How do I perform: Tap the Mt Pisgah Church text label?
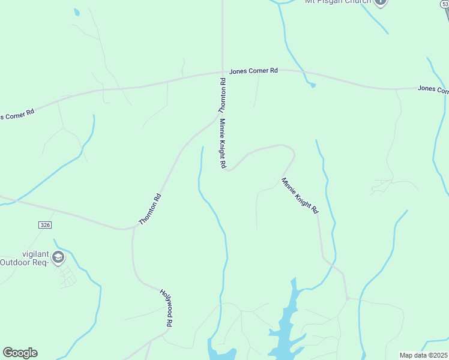coord(338,2)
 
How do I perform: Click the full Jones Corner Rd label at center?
coord(253,71)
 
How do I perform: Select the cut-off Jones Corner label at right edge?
coord(433,89)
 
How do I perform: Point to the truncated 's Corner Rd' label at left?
coord(17,114)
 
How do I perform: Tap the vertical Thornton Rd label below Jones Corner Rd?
coord(222,96)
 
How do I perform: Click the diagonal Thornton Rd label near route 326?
coord(150,209)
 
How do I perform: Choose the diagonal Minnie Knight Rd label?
coord(300,196)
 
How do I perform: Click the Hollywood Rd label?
coord(166,308)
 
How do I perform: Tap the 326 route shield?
coord(45,224)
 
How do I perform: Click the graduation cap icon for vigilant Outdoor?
coord(58,258)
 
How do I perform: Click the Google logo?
coord(20,353)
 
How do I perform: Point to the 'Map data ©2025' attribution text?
coord(423,355)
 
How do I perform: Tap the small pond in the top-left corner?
coord(76,12)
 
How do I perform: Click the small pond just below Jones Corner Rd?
coord(312,85)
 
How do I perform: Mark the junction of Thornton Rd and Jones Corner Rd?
coord(223,72)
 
